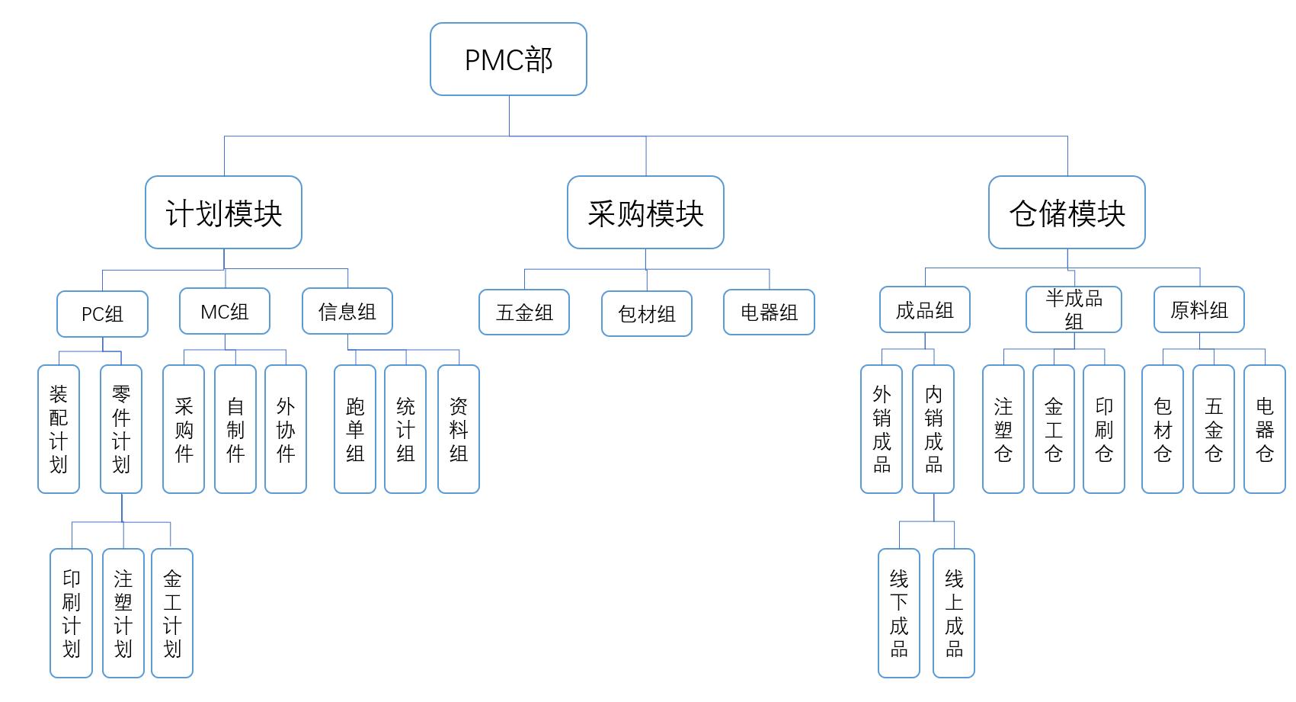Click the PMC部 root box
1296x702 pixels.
coord(508,59)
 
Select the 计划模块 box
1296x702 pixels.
coord(223,213)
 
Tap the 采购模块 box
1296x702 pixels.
coord(645,213)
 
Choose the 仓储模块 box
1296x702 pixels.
coord(1067,213)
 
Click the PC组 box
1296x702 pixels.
coord(102,314)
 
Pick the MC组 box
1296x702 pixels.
coord(225,312)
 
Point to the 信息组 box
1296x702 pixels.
coord(347,312)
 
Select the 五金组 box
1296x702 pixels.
coord(524,313)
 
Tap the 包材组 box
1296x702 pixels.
coord(647,314)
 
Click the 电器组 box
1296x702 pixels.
coord(769,313)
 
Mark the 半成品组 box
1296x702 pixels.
coord(1074,309)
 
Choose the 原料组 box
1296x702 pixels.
coord(1198,309)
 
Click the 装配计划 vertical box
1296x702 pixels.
coord(59,429)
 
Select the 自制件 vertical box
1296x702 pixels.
coord(235,429)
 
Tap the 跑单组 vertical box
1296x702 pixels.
coord(355,429)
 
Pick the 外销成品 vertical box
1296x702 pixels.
coord(882,429)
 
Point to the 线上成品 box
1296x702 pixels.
coord(954,613)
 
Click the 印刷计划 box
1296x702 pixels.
coord(71,613)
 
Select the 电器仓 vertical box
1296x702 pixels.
coord(1264,429)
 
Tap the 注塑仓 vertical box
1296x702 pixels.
coord(1003,429)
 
